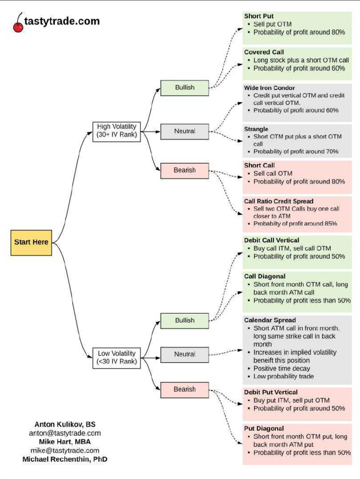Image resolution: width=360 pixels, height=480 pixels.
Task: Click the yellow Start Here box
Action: point(31,242)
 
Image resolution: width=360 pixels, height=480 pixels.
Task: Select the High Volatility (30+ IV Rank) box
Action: point(116,131)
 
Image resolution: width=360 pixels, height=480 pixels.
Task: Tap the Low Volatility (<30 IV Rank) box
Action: point(116,357)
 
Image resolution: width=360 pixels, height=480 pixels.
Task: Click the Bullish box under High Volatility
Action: point(185,87)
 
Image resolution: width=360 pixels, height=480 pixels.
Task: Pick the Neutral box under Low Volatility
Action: point(185,354)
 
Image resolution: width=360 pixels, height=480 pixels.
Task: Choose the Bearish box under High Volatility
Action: point(185,170)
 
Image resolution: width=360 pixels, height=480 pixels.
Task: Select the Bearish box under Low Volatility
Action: point(185,390)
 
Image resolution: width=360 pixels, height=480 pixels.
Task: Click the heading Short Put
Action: point(259,16)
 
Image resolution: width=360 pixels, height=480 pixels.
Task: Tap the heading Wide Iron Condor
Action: point(270,88)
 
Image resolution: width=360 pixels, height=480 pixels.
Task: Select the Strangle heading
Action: point(256,129)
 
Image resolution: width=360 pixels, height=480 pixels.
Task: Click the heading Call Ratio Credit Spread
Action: point(278,201)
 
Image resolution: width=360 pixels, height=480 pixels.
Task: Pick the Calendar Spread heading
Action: point(270,320)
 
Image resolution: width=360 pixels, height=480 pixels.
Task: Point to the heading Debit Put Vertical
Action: point(271,392)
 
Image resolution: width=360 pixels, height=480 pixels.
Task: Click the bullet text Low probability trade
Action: point(284,376)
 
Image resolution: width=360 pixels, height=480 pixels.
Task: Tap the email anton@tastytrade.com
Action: point(65,433)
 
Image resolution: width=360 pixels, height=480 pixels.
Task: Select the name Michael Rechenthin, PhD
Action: point(65,459)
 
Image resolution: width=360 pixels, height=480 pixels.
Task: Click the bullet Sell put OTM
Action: point(273,24)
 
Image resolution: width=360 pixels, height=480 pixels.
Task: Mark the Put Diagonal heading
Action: point(264,428)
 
